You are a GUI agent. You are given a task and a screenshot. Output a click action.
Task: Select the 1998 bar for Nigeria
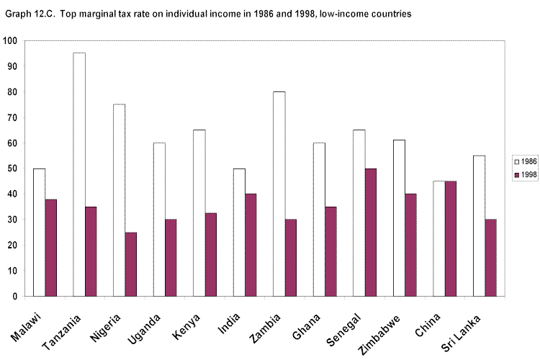click(x=130, y=264)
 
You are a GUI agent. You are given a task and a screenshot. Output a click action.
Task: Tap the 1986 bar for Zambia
click(x=279, y=194)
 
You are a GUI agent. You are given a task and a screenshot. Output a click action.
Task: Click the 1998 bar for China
click(x=450, y=238)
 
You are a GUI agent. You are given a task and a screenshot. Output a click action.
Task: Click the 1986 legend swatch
click(x=516, y=159)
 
